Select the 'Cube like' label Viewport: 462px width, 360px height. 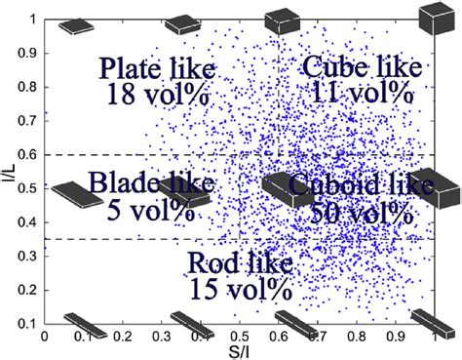click(x=362, y=67)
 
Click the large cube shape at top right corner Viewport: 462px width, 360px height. click(x=435, y=18)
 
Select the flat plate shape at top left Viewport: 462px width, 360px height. click(x=76, y=25)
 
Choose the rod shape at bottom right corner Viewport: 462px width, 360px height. click(x=430, y=322)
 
